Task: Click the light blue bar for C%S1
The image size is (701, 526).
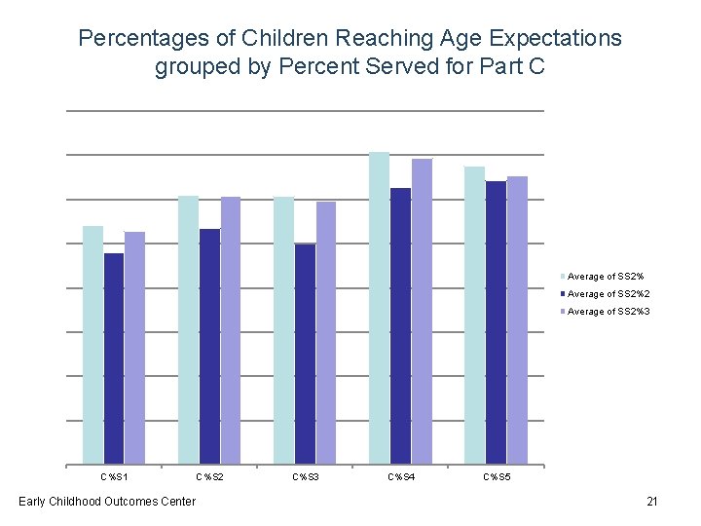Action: click(x=92, y=345)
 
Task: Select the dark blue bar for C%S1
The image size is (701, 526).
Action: click(x=114, y=358)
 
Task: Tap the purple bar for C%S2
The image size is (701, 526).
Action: click(x=231, y=330)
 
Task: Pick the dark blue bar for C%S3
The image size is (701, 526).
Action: click(x=305, y=354)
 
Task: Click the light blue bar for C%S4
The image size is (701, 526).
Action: click(x=379, y=308)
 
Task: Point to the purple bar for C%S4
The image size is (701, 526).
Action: click(x=422, y=312)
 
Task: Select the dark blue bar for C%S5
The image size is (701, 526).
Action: click(x=496, y=322)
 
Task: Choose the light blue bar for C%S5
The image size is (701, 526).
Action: click(x=474, y=315)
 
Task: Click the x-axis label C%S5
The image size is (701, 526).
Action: click(x=496, y=477)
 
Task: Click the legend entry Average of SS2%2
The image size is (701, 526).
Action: click(x=609, y=294)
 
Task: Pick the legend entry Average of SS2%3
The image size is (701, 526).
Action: click(x=609, y=312)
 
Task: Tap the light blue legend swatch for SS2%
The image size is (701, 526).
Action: click(x=563, y=277)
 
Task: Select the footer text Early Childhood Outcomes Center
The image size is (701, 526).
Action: click(x=107, y=502)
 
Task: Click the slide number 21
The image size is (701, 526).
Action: click(x=652, y=502)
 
